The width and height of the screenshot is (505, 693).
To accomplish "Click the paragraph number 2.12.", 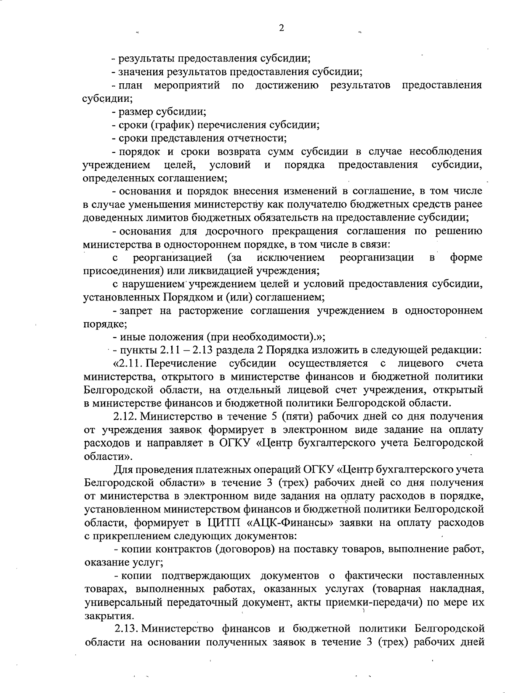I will [x=124, y=417].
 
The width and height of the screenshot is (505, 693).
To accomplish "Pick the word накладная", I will [x=457, y=589].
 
